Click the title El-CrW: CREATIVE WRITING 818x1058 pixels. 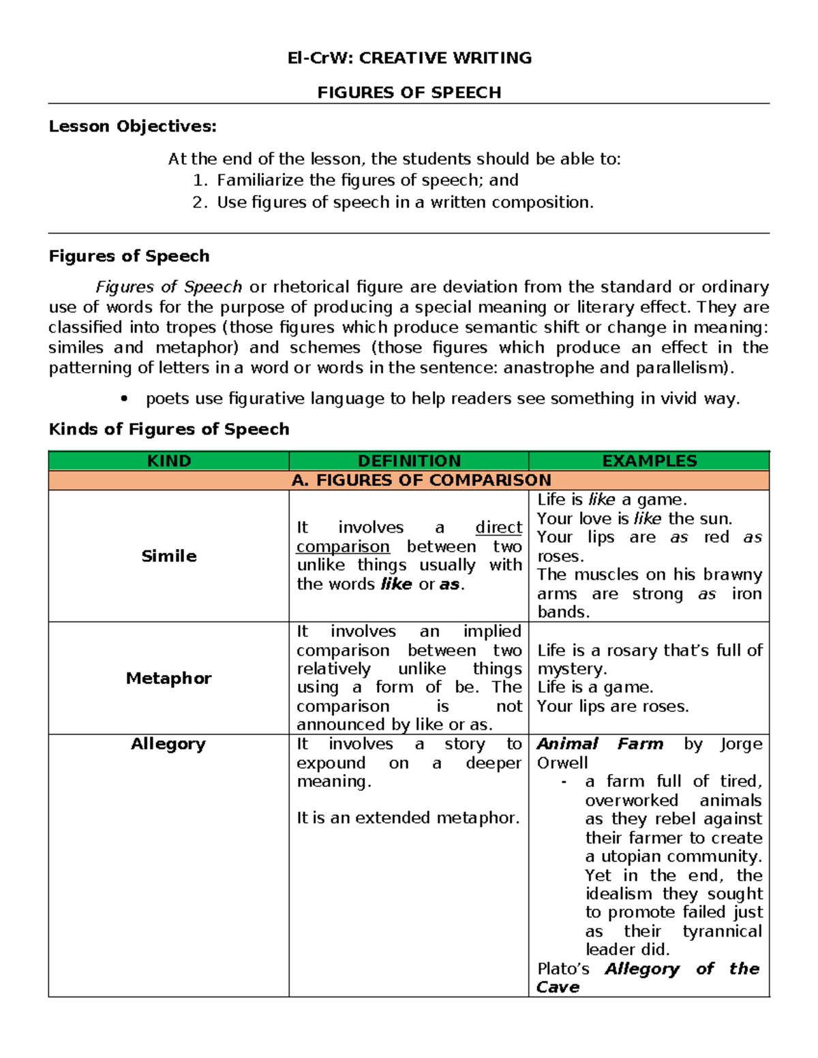click(x=409, y=58)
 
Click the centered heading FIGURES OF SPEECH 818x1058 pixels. click(x=409, y=93)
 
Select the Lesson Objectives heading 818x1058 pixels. click(x=132, y=127)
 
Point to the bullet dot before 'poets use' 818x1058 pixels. click(x=123, y=399)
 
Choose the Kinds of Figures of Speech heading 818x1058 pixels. click(x=169, y=429)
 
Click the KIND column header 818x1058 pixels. click(x=169, y=461)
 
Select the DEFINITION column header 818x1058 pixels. click(x=409, y=461)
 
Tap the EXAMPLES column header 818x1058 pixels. click(x=649, y=461)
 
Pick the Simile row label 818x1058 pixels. click(x=169, y=557)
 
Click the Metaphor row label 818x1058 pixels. click(x=169, y=679)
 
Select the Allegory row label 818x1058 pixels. click(x=168, y=744)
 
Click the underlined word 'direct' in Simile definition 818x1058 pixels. click(x=498, y=528)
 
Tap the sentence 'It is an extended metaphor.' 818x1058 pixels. click(x=408, y=818)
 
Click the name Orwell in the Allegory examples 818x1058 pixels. click(x=562, y=763)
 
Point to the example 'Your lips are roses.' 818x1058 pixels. click(x=612, y=706)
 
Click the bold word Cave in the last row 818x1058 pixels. click(x=558, y=988)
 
